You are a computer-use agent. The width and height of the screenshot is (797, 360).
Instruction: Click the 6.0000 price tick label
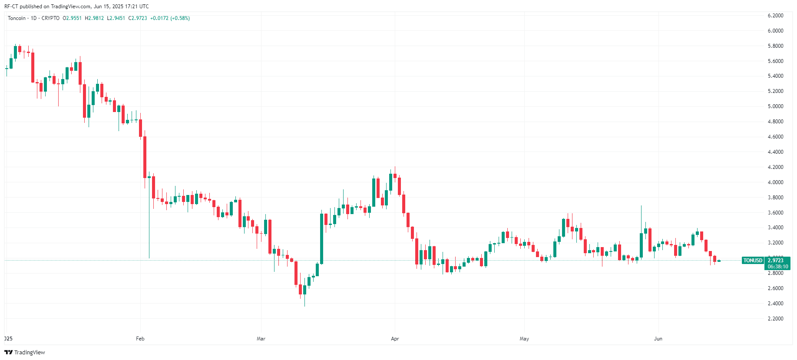tap(775, 31)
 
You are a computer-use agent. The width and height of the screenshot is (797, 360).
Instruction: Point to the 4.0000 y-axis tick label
tap(775, 182)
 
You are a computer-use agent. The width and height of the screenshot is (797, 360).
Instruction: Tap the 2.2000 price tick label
tap(775, 319)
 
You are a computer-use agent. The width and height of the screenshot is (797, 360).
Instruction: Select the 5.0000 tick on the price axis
tap(775, 106)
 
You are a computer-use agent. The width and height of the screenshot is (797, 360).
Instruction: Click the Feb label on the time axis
tap(140, 339)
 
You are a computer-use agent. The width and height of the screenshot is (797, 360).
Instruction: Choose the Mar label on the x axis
tap(261, 339)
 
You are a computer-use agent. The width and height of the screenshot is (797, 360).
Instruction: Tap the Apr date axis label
tap(394, 339)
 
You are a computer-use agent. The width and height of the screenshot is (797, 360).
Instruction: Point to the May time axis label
tap(524, 339)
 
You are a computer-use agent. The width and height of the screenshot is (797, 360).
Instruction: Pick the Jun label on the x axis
tap(658, 339)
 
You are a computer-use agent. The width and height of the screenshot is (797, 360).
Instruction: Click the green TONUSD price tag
tap(753, 261)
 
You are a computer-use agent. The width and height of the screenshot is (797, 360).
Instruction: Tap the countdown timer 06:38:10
tap(777, 267)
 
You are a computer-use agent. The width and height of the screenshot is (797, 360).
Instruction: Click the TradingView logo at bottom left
tap(25, 352)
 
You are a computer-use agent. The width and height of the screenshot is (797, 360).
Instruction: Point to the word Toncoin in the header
tap(17, 18)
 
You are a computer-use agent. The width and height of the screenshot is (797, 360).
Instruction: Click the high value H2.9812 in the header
tap(94, 18)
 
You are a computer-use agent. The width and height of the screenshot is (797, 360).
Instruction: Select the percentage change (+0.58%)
tap(180, 18)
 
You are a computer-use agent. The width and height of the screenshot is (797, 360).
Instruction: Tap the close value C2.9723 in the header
tap(138, 18)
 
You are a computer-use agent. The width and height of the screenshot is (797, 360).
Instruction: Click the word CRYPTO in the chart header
tap(50, 18)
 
